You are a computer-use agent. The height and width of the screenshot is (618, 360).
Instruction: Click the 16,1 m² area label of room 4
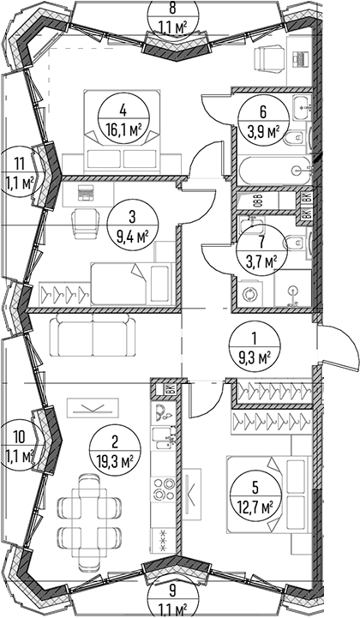[123, 129]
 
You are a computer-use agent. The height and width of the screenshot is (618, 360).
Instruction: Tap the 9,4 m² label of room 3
[132, 237]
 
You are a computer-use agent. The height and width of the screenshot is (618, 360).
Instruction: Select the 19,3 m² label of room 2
[114, 459]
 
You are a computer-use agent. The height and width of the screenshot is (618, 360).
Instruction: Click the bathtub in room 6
[274, 170]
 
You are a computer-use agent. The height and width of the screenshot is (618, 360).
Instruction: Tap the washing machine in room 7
[249, 294]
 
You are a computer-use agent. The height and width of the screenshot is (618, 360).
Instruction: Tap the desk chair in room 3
[85, 223]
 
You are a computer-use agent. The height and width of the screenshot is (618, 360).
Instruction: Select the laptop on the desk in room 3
[84, 191]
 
